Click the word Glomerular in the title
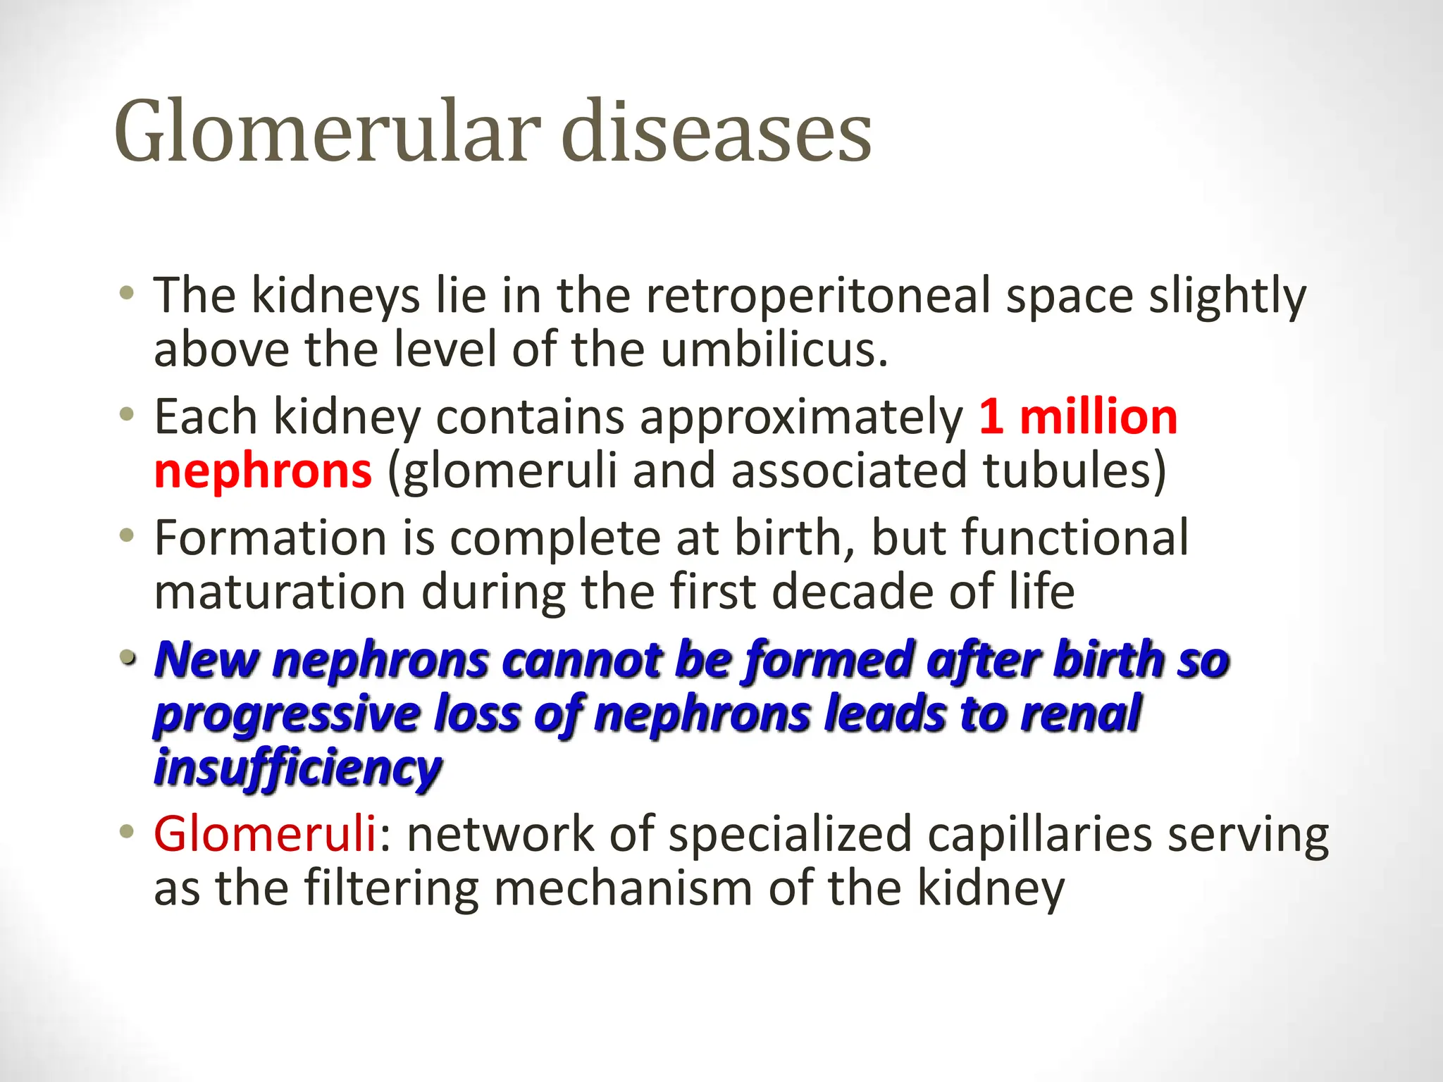click(328, 132)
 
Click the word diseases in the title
click(717, 132)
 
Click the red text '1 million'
click(1078, 417)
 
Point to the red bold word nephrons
click(263, 471)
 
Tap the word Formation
click(271, 538)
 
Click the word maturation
click(280, 592)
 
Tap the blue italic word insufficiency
click(297, 768)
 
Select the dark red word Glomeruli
click(265, 834)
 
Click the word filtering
click(392, 888)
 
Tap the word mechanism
click(623, 888)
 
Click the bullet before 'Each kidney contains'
click(126, 415)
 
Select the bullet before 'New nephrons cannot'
click(126, 659)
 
